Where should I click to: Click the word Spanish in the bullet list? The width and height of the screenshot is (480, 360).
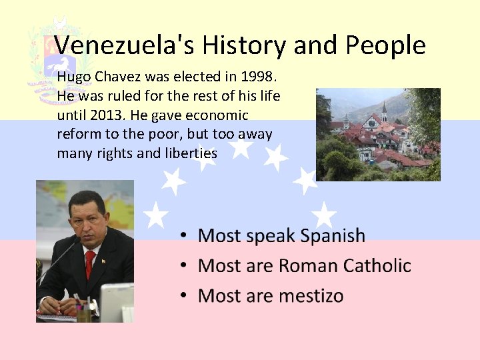[333, 236]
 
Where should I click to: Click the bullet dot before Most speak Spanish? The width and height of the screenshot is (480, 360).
[183, 236]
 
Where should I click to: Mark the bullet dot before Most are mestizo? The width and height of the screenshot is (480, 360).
[183, 295]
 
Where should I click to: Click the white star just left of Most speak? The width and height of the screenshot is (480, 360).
[155, 215]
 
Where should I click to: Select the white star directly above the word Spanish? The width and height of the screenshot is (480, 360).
[325, 215]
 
